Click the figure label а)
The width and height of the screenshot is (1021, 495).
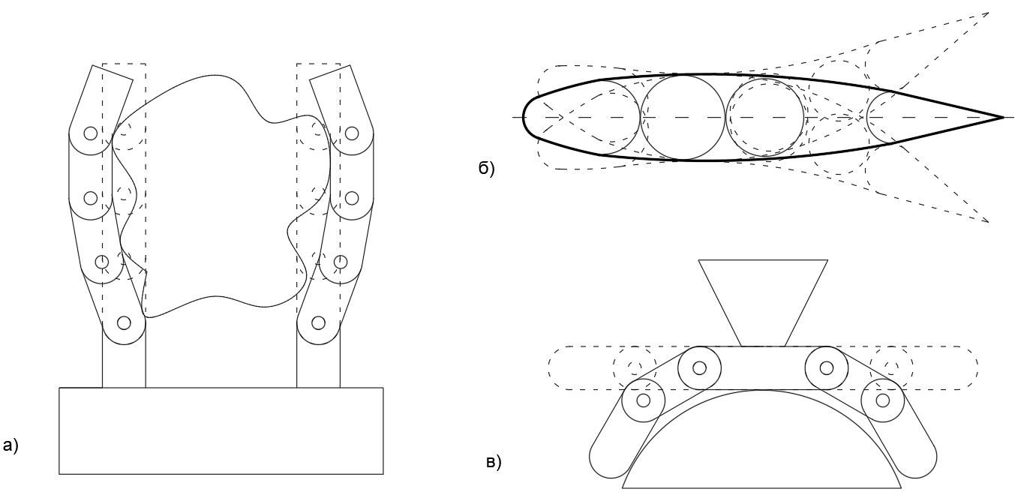coord(10,445)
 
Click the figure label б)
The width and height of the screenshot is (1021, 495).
coord(486,169)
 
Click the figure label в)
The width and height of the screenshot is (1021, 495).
coord(494,463)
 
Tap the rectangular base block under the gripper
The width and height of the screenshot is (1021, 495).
coord(221,430)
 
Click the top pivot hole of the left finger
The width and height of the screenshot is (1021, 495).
coord(91,133)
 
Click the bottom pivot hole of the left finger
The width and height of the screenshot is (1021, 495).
coord(124,322)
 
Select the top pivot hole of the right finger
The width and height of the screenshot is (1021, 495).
coord(351,133)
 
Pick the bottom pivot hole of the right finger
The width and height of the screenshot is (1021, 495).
coord(318,322)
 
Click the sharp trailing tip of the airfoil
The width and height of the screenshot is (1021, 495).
coord(1003,118)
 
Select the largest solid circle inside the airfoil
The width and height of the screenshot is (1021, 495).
coord(683,118)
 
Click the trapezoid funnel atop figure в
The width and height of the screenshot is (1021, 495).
coord(763,303)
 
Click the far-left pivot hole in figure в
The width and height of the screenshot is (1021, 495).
coord(643,400)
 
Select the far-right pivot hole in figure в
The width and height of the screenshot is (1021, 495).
coord(883,400)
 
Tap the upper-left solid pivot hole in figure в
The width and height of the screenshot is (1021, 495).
coord(700,367)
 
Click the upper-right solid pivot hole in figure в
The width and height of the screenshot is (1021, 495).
coord(827,367)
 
